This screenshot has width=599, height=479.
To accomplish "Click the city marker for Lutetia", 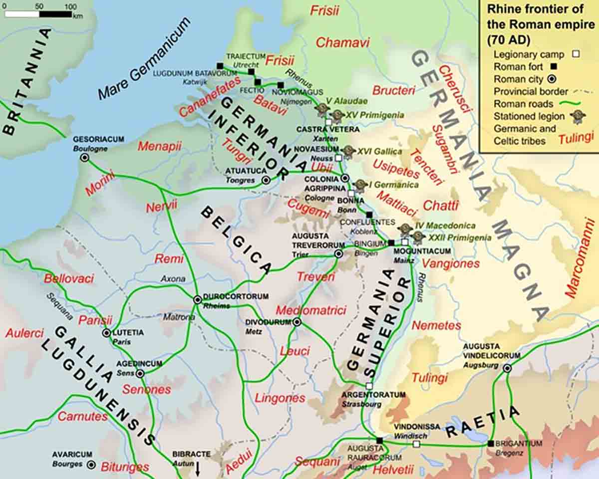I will (x=106, y=333).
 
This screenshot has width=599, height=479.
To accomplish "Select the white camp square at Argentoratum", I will (x=369, y=386).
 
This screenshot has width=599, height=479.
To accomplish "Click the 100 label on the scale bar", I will (x=71, y=6).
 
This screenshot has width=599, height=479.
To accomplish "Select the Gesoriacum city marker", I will (x=85, y=158).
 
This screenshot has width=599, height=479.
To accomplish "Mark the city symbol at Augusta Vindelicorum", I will (x=507, y=368).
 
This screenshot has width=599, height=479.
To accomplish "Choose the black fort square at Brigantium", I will (x=491, y=444).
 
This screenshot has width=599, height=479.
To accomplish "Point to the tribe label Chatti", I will (x=440, y=205).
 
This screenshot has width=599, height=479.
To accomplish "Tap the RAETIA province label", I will (x=483, y=422).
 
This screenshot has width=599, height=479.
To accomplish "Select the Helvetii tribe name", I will (x=393, y=470).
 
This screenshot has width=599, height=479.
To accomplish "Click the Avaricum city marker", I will (x=91, y=465).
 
